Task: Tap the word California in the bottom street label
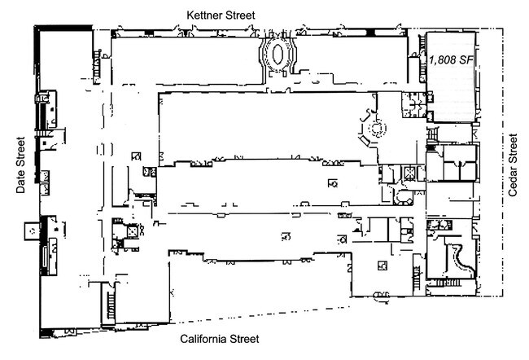[x=203, y=338]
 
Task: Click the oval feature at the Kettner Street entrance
[x=278, y=54]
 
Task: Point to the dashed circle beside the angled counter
[x=376, y=129]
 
